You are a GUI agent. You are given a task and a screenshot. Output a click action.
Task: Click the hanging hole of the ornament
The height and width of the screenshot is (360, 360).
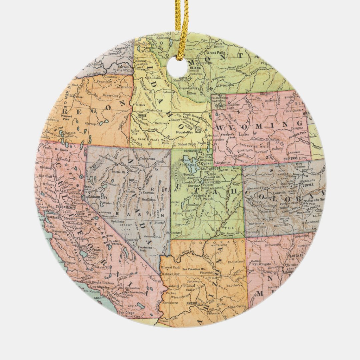pyautogui.click(x=177, y=67)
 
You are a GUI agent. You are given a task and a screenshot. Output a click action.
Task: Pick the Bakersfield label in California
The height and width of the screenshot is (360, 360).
pyautogui.click(x=92, y=267)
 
